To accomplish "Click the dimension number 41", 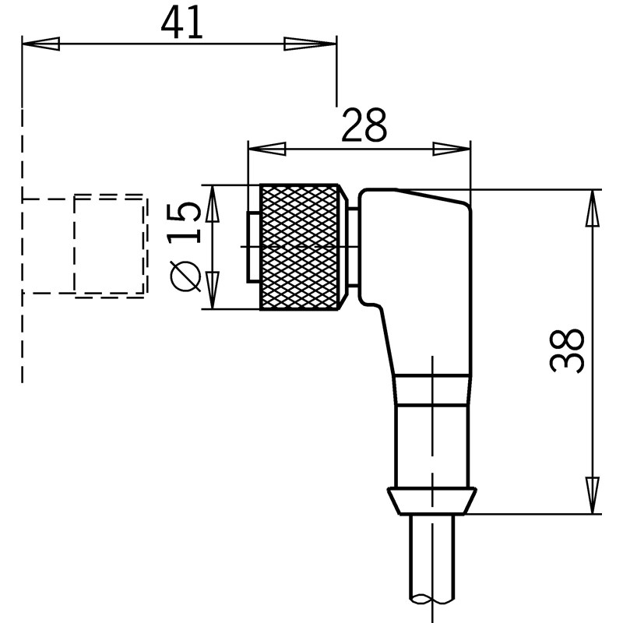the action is click(x=181, y=23).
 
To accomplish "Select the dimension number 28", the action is click(x=364, y=125).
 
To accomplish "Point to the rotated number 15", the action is click(x=184, y=223).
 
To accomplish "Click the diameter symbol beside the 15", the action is click(x=185, y=276).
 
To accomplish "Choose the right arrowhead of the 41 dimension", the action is click(x=310, y=44).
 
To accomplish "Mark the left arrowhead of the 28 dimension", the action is click(x=267, y=149).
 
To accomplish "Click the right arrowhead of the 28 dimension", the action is click(x=452, y=149).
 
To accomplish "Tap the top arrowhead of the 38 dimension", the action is click(x=592, y=208).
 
